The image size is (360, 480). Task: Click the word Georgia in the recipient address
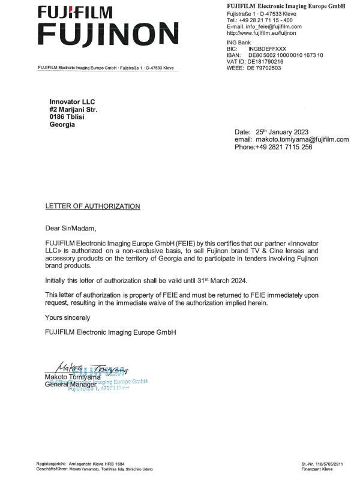(x=63, y=125)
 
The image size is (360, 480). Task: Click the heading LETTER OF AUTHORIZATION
(x=93, y=206)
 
